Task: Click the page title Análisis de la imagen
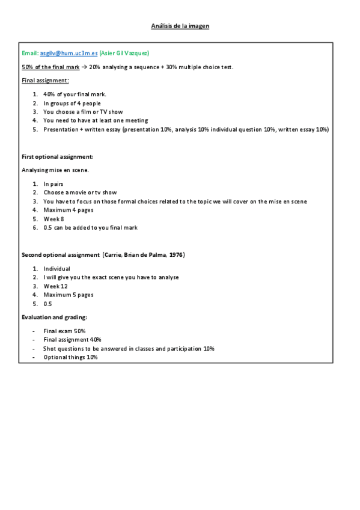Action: point(180,26)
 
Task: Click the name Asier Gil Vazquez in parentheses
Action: point(124,53)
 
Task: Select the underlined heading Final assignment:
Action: point(45,80)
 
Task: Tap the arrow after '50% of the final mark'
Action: point(84,67)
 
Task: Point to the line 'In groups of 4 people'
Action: point(72,103)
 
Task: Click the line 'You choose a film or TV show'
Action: point(83,112)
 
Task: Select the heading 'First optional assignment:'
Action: point(57,156)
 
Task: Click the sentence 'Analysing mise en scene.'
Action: point(55,170)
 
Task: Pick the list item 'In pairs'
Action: point(53,183)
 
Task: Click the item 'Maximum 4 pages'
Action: point(68,210)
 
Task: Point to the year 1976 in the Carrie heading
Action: point(175,255)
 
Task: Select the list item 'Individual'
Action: point(56,268)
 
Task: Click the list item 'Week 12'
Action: point(56,286)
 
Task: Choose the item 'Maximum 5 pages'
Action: point(68,295)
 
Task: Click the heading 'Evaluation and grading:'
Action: point(54,317)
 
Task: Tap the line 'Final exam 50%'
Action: point(64,331)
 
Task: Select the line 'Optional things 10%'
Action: point(70,357)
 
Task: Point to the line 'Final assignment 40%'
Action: point(72,340)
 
